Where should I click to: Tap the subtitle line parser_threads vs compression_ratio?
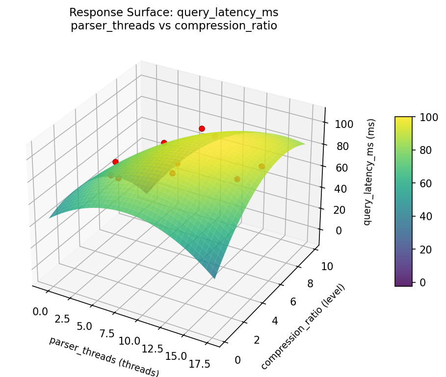[174, 25]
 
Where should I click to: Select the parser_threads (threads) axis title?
[104, 356]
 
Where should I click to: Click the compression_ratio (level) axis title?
[303, 327]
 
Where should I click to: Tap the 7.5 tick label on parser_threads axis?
[107, 333]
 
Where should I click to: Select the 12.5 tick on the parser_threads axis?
[153, 348]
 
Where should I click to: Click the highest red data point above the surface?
[202, 128]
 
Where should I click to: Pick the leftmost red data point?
[115, 162]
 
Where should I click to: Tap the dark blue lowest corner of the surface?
[214, 277]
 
